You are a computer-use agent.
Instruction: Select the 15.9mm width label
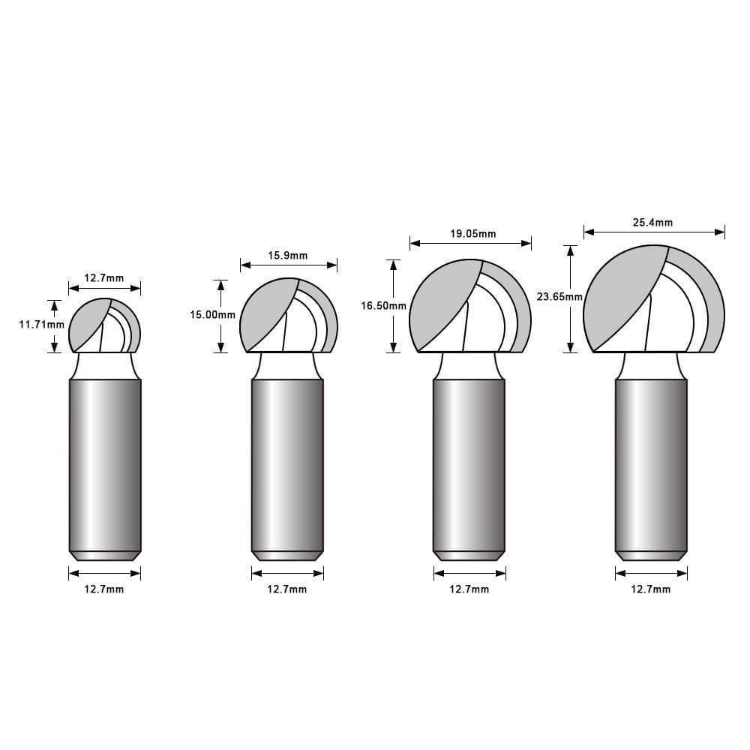288,256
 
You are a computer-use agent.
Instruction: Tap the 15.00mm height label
213,315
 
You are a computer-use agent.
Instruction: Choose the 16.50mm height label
383,305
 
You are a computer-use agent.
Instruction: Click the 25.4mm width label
653,222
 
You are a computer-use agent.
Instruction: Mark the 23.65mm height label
559,296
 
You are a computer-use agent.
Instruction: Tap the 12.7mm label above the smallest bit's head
104,278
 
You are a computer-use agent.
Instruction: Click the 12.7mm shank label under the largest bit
651,589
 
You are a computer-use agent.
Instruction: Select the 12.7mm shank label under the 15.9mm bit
287,589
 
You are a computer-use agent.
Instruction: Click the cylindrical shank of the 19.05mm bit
469,465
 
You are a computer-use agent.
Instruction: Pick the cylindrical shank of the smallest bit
105,465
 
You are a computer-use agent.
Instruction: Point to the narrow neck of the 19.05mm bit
469,366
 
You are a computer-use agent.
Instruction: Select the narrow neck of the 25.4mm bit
651,366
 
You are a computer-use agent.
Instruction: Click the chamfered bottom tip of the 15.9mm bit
287,556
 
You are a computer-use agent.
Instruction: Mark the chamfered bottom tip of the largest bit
651,556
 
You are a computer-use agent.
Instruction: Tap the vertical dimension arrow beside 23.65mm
571,298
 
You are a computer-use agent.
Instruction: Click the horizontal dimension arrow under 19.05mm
470,243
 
